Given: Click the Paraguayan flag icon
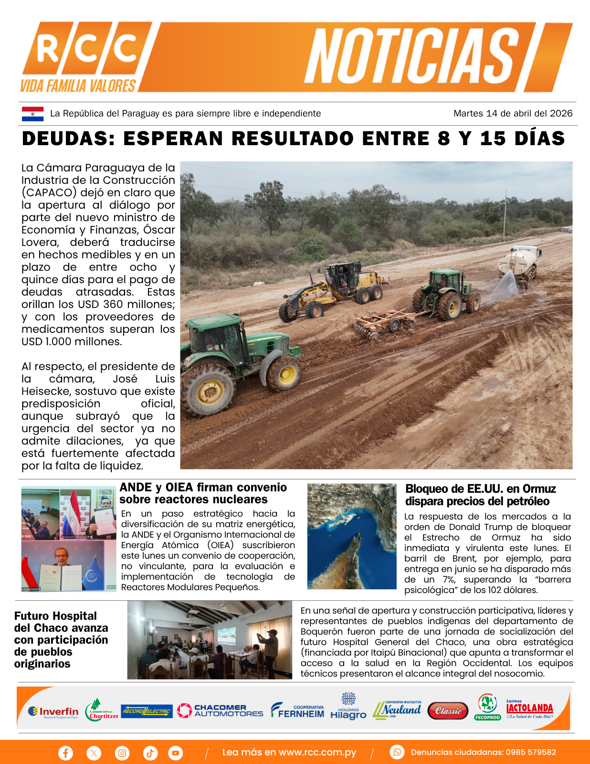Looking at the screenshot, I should tap(32, 114).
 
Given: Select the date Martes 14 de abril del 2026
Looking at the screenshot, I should tap(513, 114).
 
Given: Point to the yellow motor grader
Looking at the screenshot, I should tap(334, 288).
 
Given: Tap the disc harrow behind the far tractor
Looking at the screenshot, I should tap(379, 323).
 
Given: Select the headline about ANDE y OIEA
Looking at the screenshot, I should tap(203, 493).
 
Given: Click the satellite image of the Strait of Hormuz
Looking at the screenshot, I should tap(352, 536).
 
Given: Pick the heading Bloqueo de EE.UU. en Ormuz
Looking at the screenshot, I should tap(480, 495).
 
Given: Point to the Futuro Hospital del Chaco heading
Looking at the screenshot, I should tap(61, 640).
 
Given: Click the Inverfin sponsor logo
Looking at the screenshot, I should tap(53, 711).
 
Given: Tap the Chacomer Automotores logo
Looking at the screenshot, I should tap(220, 711).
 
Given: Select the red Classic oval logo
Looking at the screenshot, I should tap(448, 711).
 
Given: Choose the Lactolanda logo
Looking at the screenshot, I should tap(529, 710).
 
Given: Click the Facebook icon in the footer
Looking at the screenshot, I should tap(65, 753).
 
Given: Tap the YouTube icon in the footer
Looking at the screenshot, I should tap(175, 753).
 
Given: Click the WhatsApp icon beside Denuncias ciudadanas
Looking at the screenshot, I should tap(397, 752).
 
